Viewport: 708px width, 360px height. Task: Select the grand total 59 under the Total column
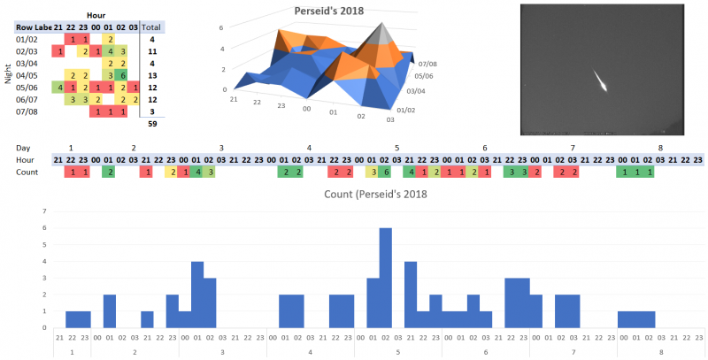152,124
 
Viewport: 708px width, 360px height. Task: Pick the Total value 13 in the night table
152,76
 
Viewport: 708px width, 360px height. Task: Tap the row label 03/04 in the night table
27,64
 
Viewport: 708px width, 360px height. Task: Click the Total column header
151,28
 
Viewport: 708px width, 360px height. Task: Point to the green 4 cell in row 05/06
59,88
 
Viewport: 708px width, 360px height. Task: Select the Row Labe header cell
33,28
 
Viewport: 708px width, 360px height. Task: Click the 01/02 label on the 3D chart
407,111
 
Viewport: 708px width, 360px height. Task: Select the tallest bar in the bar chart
385,278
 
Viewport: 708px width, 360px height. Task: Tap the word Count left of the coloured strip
28,172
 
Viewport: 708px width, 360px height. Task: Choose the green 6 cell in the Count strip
385,172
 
